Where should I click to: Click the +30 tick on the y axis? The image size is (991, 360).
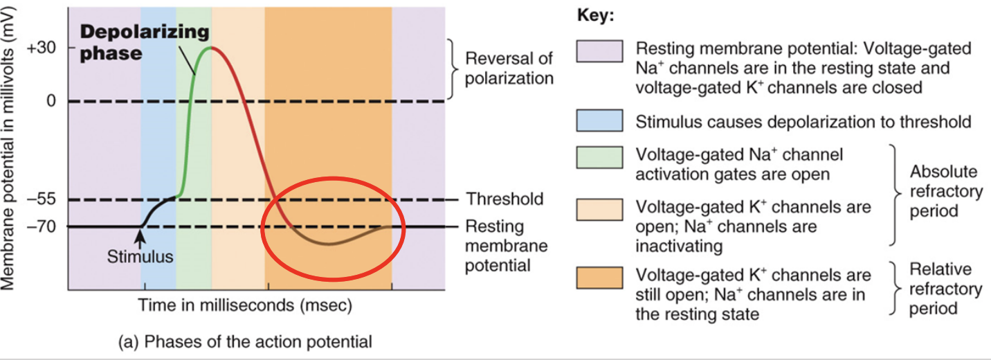click(x=42, y=48)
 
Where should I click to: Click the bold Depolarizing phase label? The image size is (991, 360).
click(x=144, y=42)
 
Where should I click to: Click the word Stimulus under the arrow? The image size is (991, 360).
click(x=140, y=258)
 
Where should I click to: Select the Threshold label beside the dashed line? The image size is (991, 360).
click(x=504, y=199)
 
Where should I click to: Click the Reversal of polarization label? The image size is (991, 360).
click(x=509, y=68)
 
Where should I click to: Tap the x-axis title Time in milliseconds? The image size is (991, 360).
click(x=245, y=305)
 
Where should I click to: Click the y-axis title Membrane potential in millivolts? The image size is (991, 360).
click(x=12, y=145)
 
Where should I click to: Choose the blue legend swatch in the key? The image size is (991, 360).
click(x=599, y=121)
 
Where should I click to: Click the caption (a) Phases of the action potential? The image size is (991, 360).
click(x=246, y=341)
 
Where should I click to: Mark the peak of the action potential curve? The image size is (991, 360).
click(x=211, y=47)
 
